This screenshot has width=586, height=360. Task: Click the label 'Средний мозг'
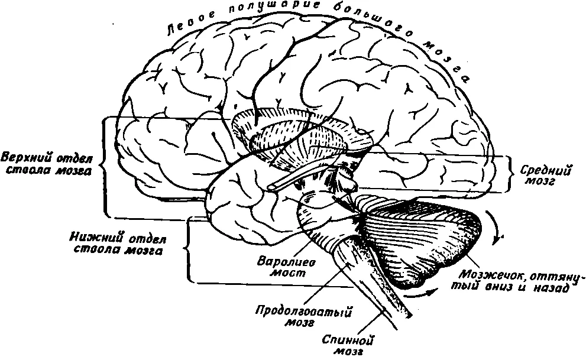tap(545, 176)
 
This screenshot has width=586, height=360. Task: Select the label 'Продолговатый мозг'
tap(304, 317)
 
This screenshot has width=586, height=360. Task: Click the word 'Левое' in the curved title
tap(190, 22)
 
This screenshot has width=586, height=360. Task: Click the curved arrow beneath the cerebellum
tap(422, 293)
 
